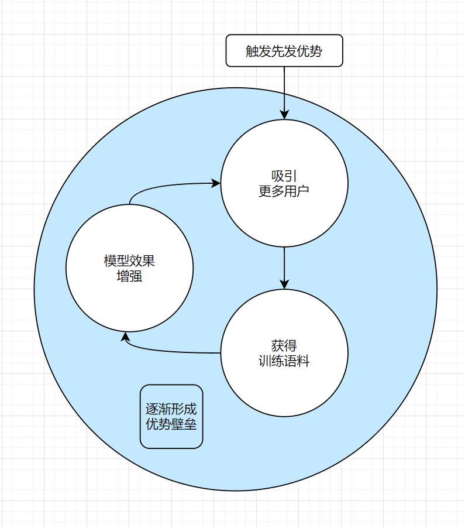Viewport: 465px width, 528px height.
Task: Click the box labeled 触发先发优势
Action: click(284, 51)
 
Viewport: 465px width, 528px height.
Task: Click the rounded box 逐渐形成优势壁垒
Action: click(171, 416)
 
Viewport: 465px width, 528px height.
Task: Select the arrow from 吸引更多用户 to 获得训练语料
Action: click(284, 266)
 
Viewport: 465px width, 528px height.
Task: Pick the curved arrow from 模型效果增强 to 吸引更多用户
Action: click(170, 186)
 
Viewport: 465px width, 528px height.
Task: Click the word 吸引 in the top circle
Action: click(284, 176)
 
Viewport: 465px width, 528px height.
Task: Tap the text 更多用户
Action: click(284, 191)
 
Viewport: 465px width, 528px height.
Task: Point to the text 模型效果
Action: click(129, 261)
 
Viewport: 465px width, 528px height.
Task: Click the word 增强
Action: click(129, 276)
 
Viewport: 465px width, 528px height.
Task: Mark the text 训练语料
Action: click(284, 361)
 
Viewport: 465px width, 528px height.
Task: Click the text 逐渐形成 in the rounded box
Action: click(171, 409)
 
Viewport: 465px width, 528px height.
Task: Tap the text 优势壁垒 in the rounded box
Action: click(171, 424)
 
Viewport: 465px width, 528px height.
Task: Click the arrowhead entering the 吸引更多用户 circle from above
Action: click(284, 114)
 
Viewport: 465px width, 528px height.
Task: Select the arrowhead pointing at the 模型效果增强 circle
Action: click(125, 338)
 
